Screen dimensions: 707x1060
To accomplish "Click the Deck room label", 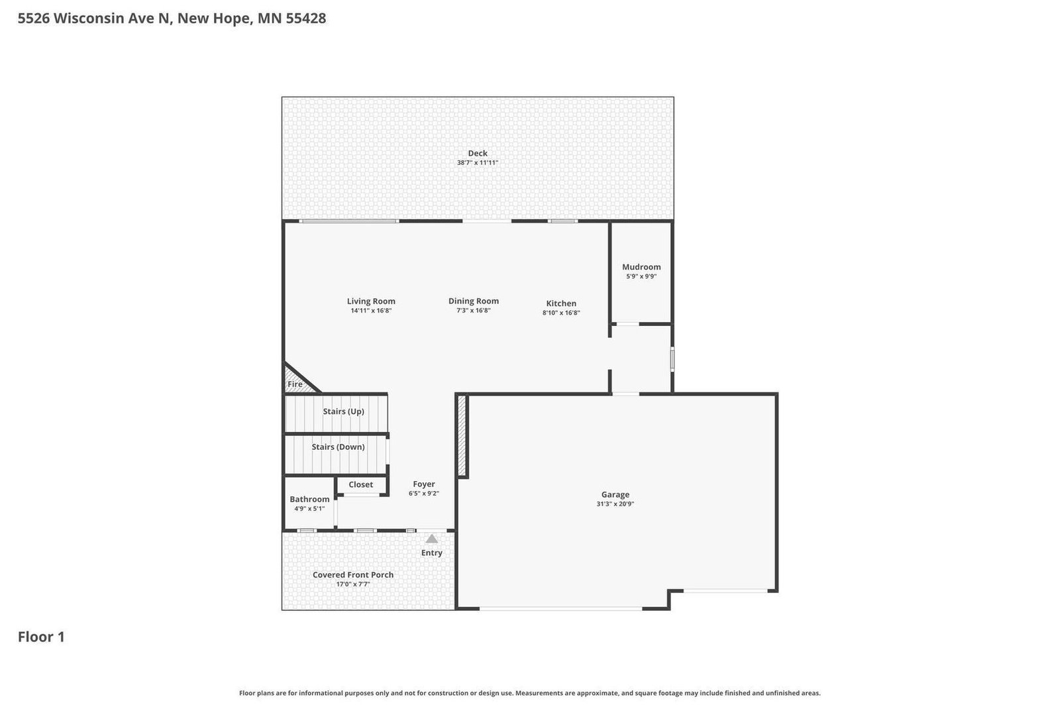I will [477, 153].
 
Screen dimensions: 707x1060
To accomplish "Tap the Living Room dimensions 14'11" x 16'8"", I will [371, 311].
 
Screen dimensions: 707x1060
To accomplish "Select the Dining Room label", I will [473, 301].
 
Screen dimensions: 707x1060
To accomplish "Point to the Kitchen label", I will [560, 303].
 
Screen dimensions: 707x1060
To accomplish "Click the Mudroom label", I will [641, 267].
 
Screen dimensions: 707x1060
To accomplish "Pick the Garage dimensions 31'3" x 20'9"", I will [615, 504].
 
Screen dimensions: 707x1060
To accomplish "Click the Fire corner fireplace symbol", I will [295, 383].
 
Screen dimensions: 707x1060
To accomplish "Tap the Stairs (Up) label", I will [343, 411].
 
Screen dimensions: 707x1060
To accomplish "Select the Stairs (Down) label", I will [338, 447].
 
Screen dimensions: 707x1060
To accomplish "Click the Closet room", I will [360, 485].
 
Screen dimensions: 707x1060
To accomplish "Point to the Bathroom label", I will [309, 500].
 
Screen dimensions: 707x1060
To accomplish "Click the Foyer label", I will [423, 484].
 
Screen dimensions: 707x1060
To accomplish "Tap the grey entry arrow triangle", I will [431, 539].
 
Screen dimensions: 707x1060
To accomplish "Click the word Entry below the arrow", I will [431, 553].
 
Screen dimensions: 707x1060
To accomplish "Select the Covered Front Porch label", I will [352, 574].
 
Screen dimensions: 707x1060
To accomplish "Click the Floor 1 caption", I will [41, 637].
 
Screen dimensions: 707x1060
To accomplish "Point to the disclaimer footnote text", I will [529, 693].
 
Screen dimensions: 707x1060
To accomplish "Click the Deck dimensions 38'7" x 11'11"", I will [477, 163].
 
